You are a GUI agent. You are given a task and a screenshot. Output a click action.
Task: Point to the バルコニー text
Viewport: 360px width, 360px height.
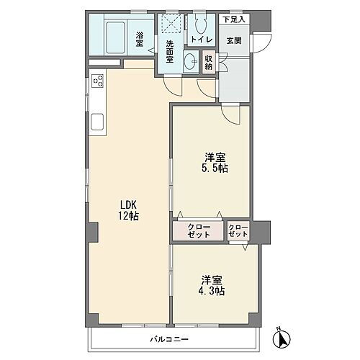pos(168,338)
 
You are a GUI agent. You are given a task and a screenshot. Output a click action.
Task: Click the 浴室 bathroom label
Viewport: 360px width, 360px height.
pos(139,38)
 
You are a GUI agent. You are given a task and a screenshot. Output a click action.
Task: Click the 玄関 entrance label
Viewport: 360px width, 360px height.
pos(234,40)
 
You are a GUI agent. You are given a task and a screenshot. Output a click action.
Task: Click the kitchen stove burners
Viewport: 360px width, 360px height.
pos(97,88)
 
